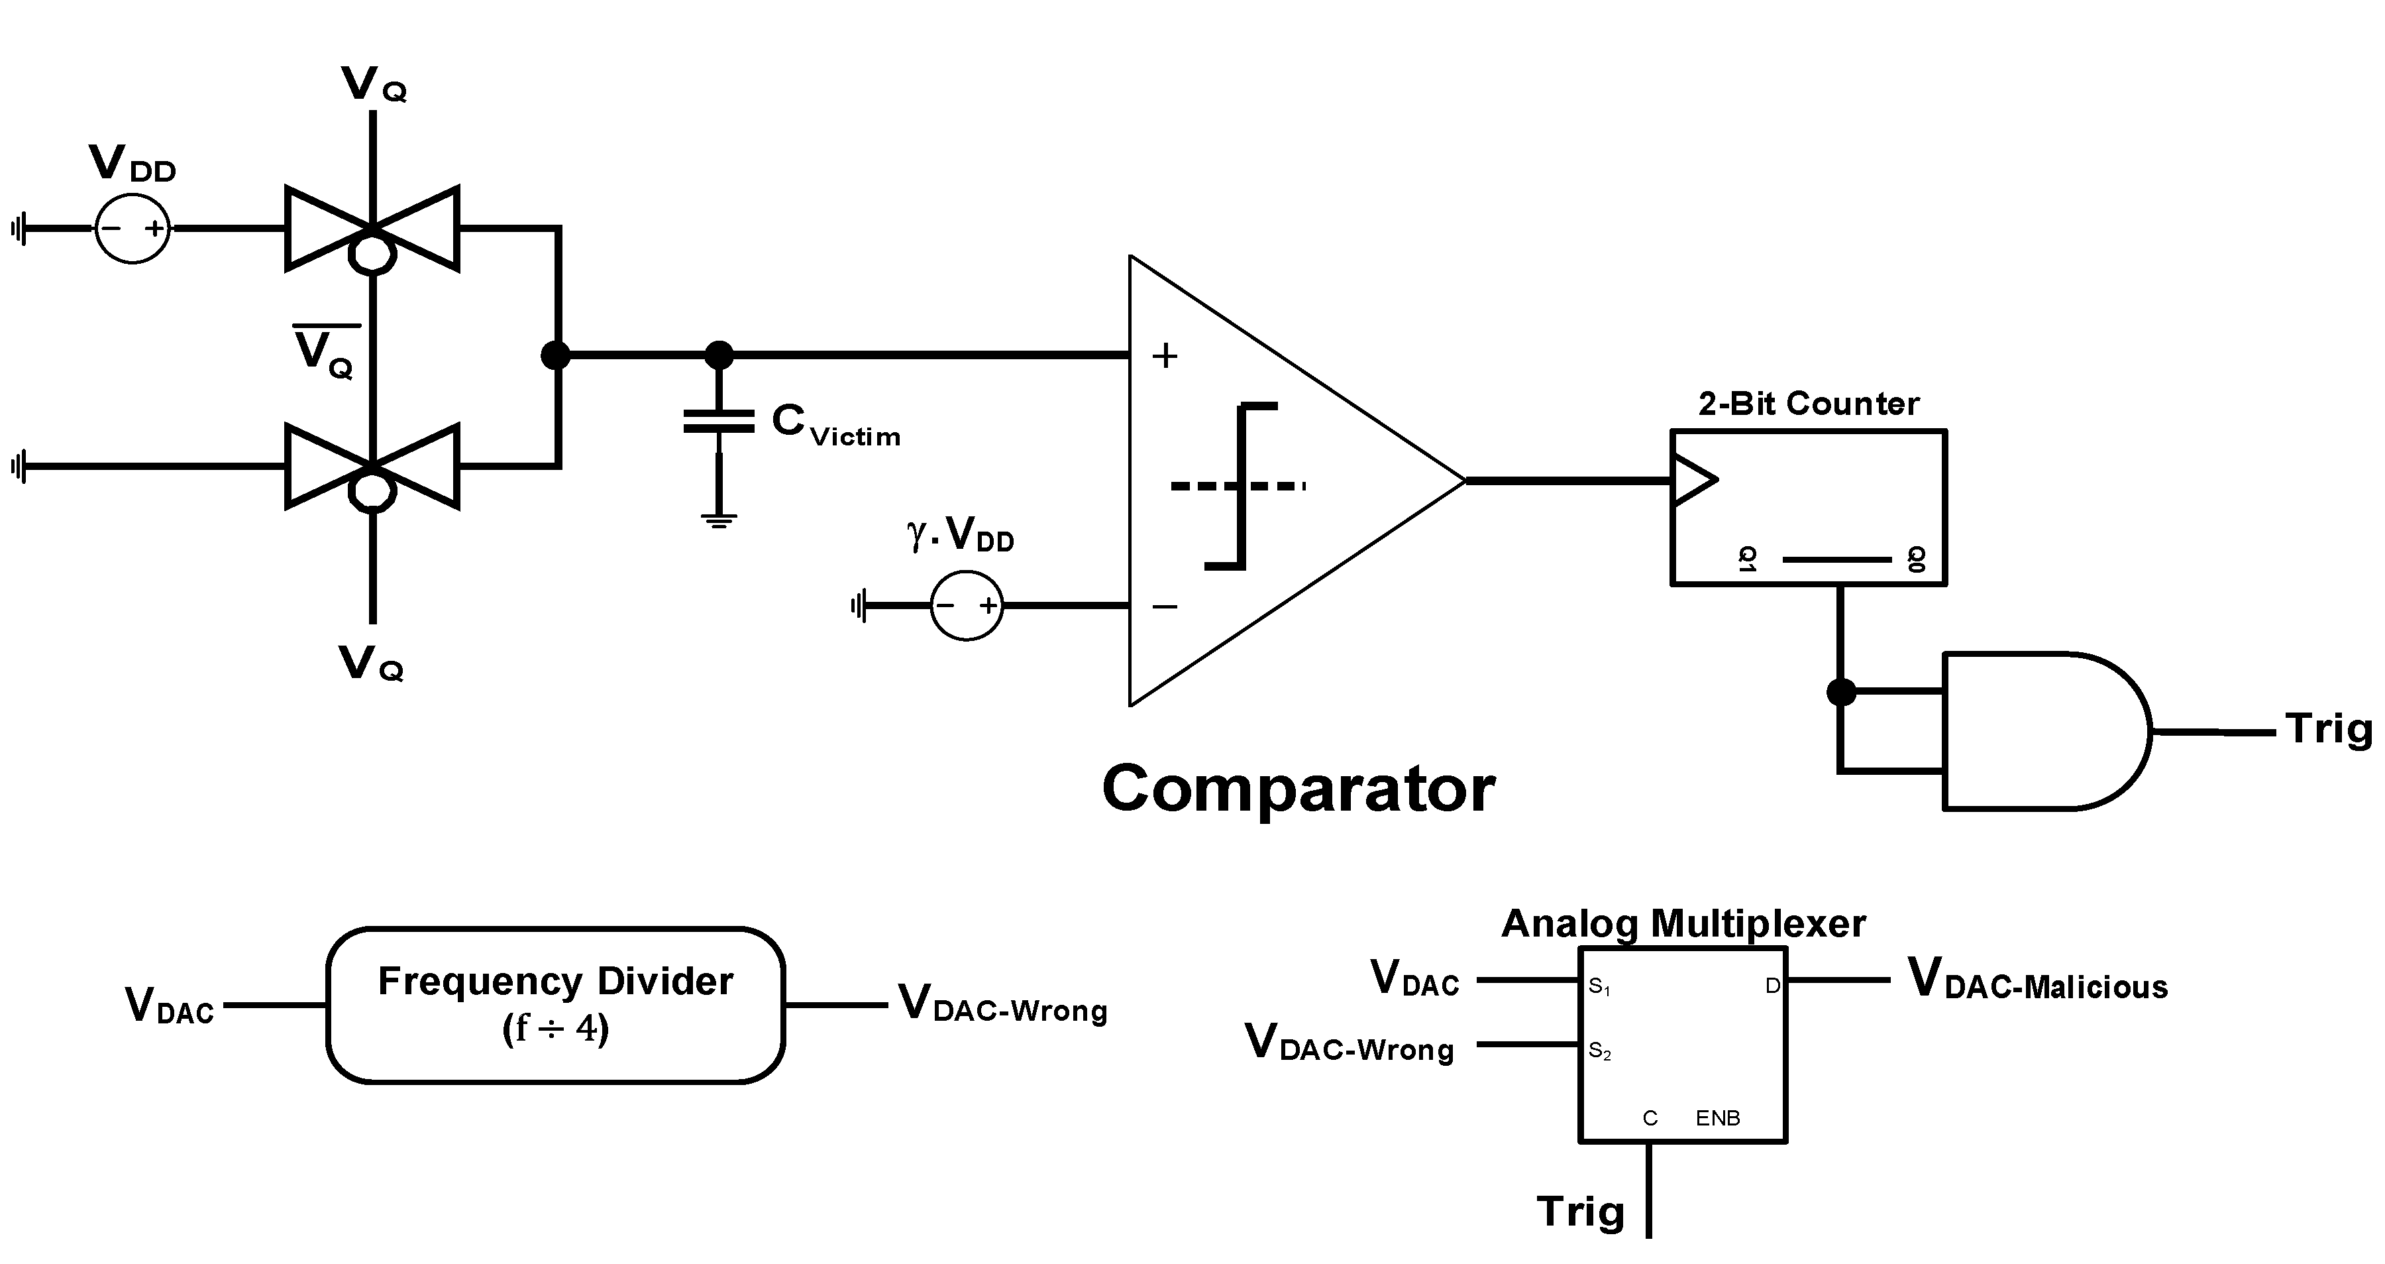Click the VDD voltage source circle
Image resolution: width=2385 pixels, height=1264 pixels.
tap(132, 228)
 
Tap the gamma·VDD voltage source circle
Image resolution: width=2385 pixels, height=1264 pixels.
tap(966, 606)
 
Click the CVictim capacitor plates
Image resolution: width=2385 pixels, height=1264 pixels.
tap(718, 422)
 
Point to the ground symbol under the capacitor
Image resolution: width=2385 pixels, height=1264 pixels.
tap(718, 520)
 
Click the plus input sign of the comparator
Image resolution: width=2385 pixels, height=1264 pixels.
tap(1165, 355)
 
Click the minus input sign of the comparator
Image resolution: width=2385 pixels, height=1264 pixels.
tap(1165, 606)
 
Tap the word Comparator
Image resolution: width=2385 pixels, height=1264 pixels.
tap(1298, 789)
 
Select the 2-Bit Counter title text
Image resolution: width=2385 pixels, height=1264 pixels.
tap(1808, 404)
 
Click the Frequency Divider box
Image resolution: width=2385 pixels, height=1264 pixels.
tap(556, 1005)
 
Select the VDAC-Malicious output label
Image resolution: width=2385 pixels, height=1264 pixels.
tap(2038, 980)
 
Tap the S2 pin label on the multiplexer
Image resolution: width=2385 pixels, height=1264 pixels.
tap(1600, 1051)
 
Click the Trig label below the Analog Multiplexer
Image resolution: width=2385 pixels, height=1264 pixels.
tap(1581, 1211)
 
